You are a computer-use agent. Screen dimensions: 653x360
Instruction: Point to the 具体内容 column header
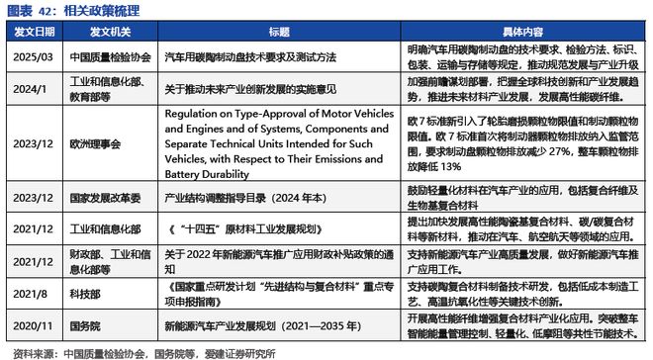524,33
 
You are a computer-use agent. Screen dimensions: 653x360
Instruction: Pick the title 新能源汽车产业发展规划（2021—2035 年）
256,323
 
